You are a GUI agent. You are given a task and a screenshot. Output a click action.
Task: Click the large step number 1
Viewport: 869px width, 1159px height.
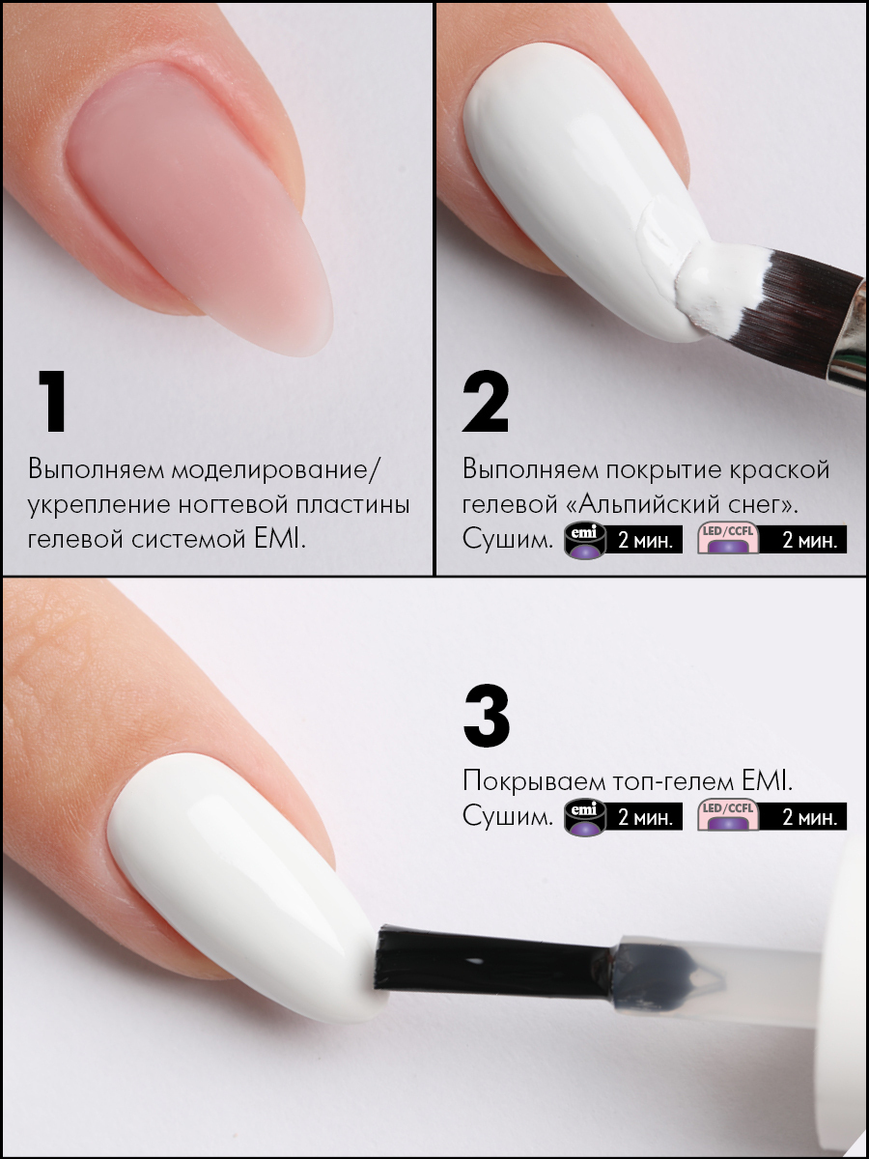pyautogui.click(x=53, y=401)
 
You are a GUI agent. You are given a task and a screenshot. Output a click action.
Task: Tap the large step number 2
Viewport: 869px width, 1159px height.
pyautogui.click(x=486, y=401)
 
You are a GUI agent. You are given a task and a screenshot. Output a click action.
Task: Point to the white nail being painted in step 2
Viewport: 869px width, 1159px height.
pyautogui.click(x=575, y=184)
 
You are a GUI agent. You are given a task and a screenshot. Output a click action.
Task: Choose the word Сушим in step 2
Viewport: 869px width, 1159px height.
pyautogui.click(x=508, y=540)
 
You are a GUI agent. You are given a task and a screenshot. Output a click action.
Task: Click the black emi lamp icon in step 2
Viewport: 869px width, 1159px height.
pyautogui.click(x=584, y=540)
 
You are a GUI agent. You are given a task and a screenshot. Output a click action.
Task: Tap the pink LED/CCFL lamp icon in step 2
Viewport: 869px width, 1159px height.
pyautogui.click(x=728, y=539)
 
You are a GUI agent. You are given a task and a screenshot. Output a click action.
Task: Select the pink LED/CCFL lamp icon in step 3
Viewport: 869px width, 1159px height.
pyautogui.click(x=728, y=816)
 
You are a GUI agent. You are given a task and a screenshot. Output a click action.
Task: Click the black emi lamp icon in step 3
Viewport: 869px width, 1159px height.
pyautogui.click(x=584, y=817)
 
